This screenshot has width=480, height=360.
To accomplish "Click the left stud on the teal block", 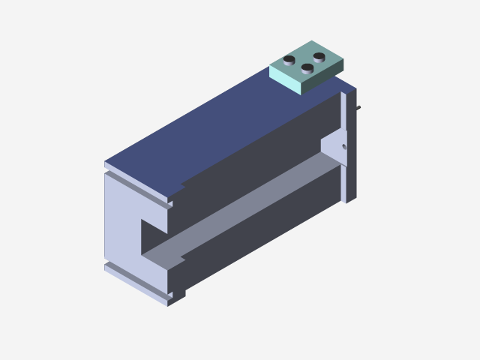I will point(289,59).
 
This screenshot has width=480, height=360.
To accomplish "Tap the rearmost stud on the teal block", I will point(319,56).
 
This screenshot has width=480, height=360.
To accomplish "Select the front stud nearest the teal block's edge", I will point(307,68).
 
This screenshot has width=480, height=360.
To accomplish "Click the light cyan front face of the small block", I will point(285,79).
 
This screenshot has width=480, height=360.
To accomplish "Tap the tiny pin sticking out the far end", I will point(359,108).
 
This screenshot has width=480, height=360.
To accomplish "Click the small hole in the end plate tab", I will point(344,147).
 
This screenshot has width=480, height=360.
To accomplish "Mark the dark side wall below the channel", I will point(255,240).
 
